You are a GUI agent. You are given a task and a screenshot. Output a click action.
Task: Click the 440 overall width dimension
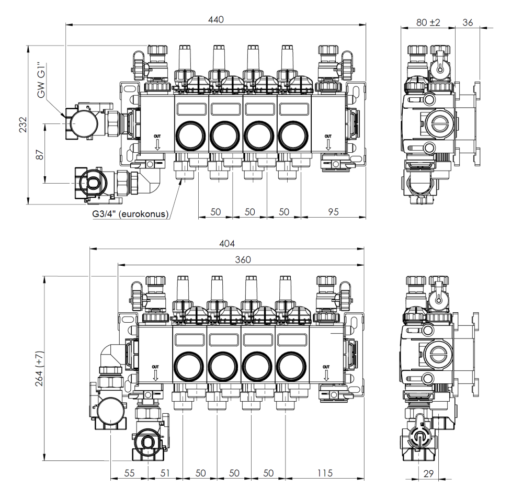(215, 20)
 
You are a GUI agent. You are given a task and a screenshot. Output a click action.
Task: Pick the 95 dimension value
(334, 211)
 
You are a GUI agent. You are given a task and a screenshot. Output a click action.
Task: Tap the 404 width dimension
(226, 244)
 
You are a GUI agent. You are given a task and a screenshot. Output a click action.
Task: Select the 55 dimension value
(129, 473)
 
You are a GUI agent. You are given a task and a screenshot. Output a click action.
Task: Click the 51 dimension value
(165, 473)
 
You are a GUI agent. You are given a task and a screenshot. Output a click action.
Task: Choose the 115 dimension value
(325, 473)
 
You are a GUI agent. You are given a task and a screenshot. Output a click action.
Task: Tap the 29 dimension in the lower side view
(429, 473)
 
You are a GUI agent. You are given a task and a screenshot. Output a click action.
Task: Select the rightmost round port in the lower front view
(291, 366)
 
